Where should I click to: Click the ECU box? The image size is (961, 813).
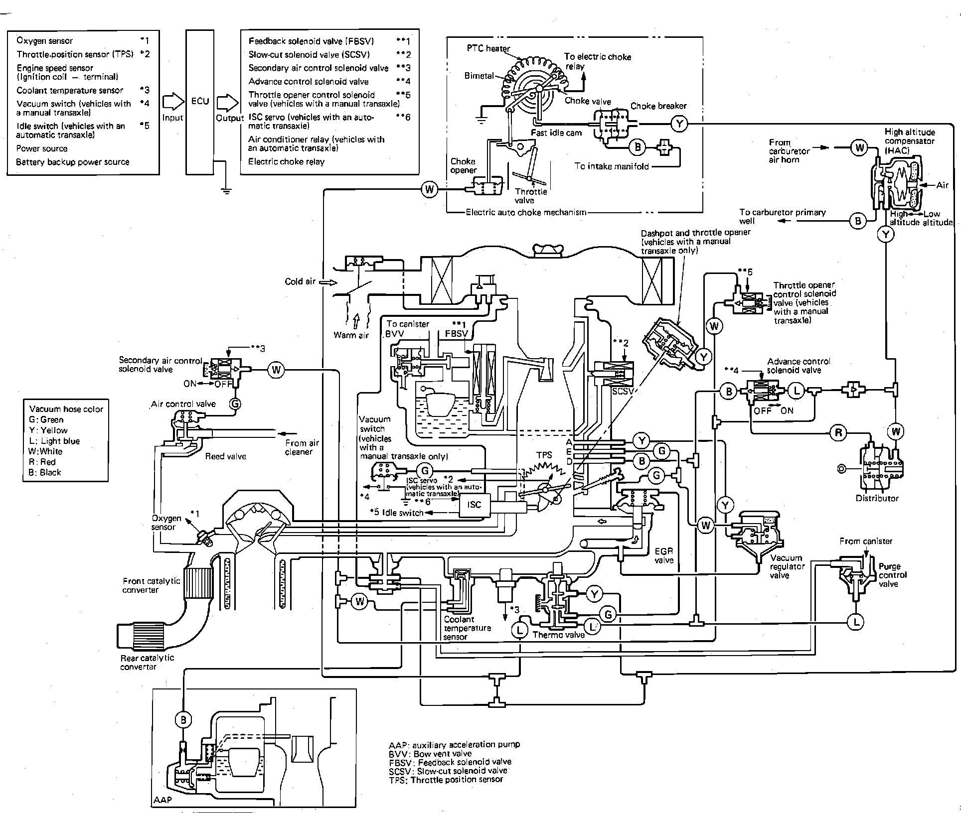[x=199, y=102]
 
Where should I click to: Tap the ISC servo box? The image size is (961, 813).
[x=474, y=505]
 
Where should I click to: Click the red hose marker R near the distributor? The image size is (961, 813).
[x=838, y=433]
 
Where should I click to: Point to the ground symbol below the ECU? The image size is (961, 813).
[x=226, y=190]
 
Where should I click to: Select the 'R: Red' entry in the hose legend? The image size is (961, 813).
[x=42, y=462]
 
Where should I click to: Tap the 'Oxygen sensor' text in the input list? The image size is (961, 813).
[x=44, y=41]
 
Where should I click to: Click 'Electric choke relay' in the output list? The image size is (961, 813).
[x=286, y=162]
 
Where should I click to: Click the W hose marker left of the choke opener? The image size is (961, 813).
[x=429, y=189]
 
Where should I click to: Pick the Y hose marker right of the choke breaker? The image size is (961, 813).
[x=679, y=123]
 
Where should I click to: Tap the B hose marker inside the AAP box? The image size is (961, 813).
[x=183, y=719]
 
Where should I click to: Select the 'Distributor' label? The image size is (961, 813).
[x=877, y=498]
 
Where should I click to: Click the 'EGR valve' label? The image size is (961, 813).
[x=664, y=555]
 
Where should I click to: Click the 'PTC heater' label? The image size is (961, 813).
[x=488, y=49]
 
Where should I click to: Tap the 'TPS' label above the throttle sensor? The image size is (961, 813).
[x=544, y=455]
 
